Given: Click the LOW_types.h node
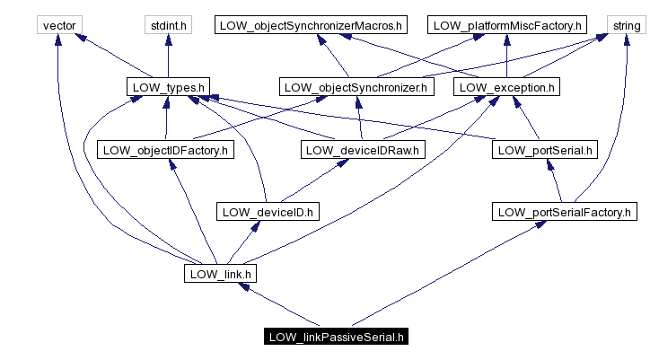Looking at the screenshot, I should click(x=167, y=87).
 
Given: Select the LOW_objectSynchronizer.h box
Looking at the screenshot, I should click(x=357, y=87).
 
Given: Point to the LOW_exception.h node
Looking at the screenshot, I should click(x=507, y=87).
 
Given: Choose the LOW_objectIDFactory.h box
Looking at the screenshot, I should click(x=165, y=150).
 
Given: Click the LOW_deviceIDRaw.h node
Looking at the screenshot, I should click(x=361, y=150).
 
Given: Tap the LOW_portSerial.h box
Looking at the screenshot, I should click(x=544, y=150).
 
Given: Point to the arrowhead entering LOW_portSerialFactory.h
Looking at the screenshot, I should click(x=540, y=225).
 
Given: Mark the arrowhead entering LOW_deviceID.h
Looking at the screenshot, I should click(x=259, y=226).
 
